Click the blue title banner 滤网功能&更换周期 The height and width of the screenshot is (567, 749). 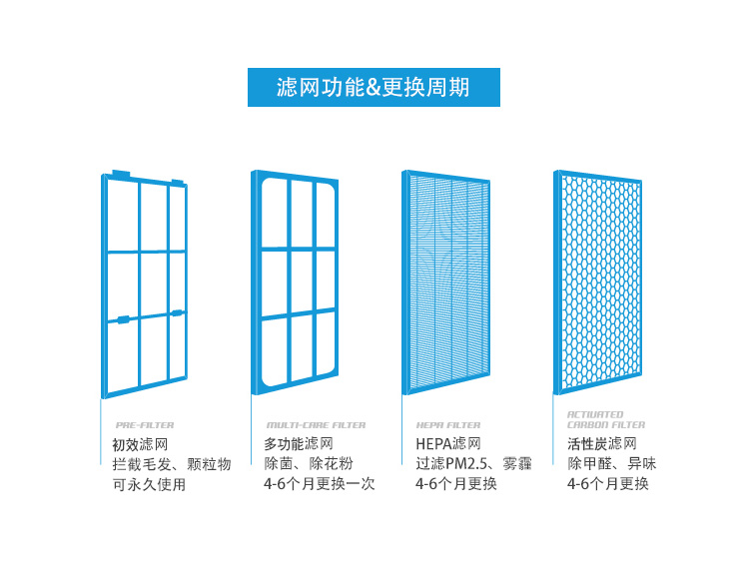[x=374, y=88]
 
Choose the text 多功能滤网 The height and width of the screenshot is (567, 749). [x=299, y=444]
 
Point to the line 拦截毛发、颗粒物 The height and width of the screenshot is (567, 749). [x=172, y=464]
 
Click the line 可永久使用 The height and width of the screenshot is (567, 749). [x=150, y=485]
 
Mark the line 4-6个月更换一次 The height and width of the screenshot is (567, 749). [x=320, y=485]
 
